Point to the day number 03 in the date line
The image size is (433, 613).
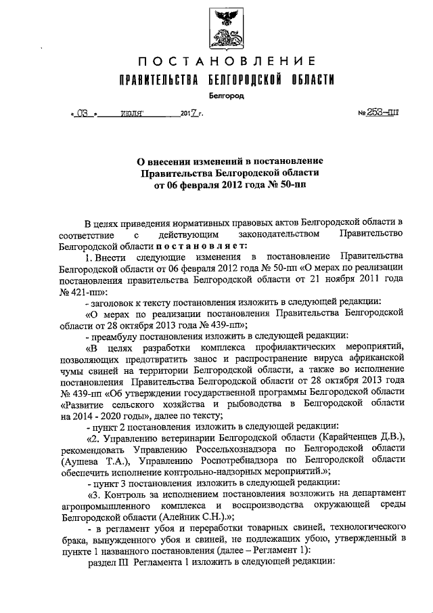pyautogui.click(x=83, y=114)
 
